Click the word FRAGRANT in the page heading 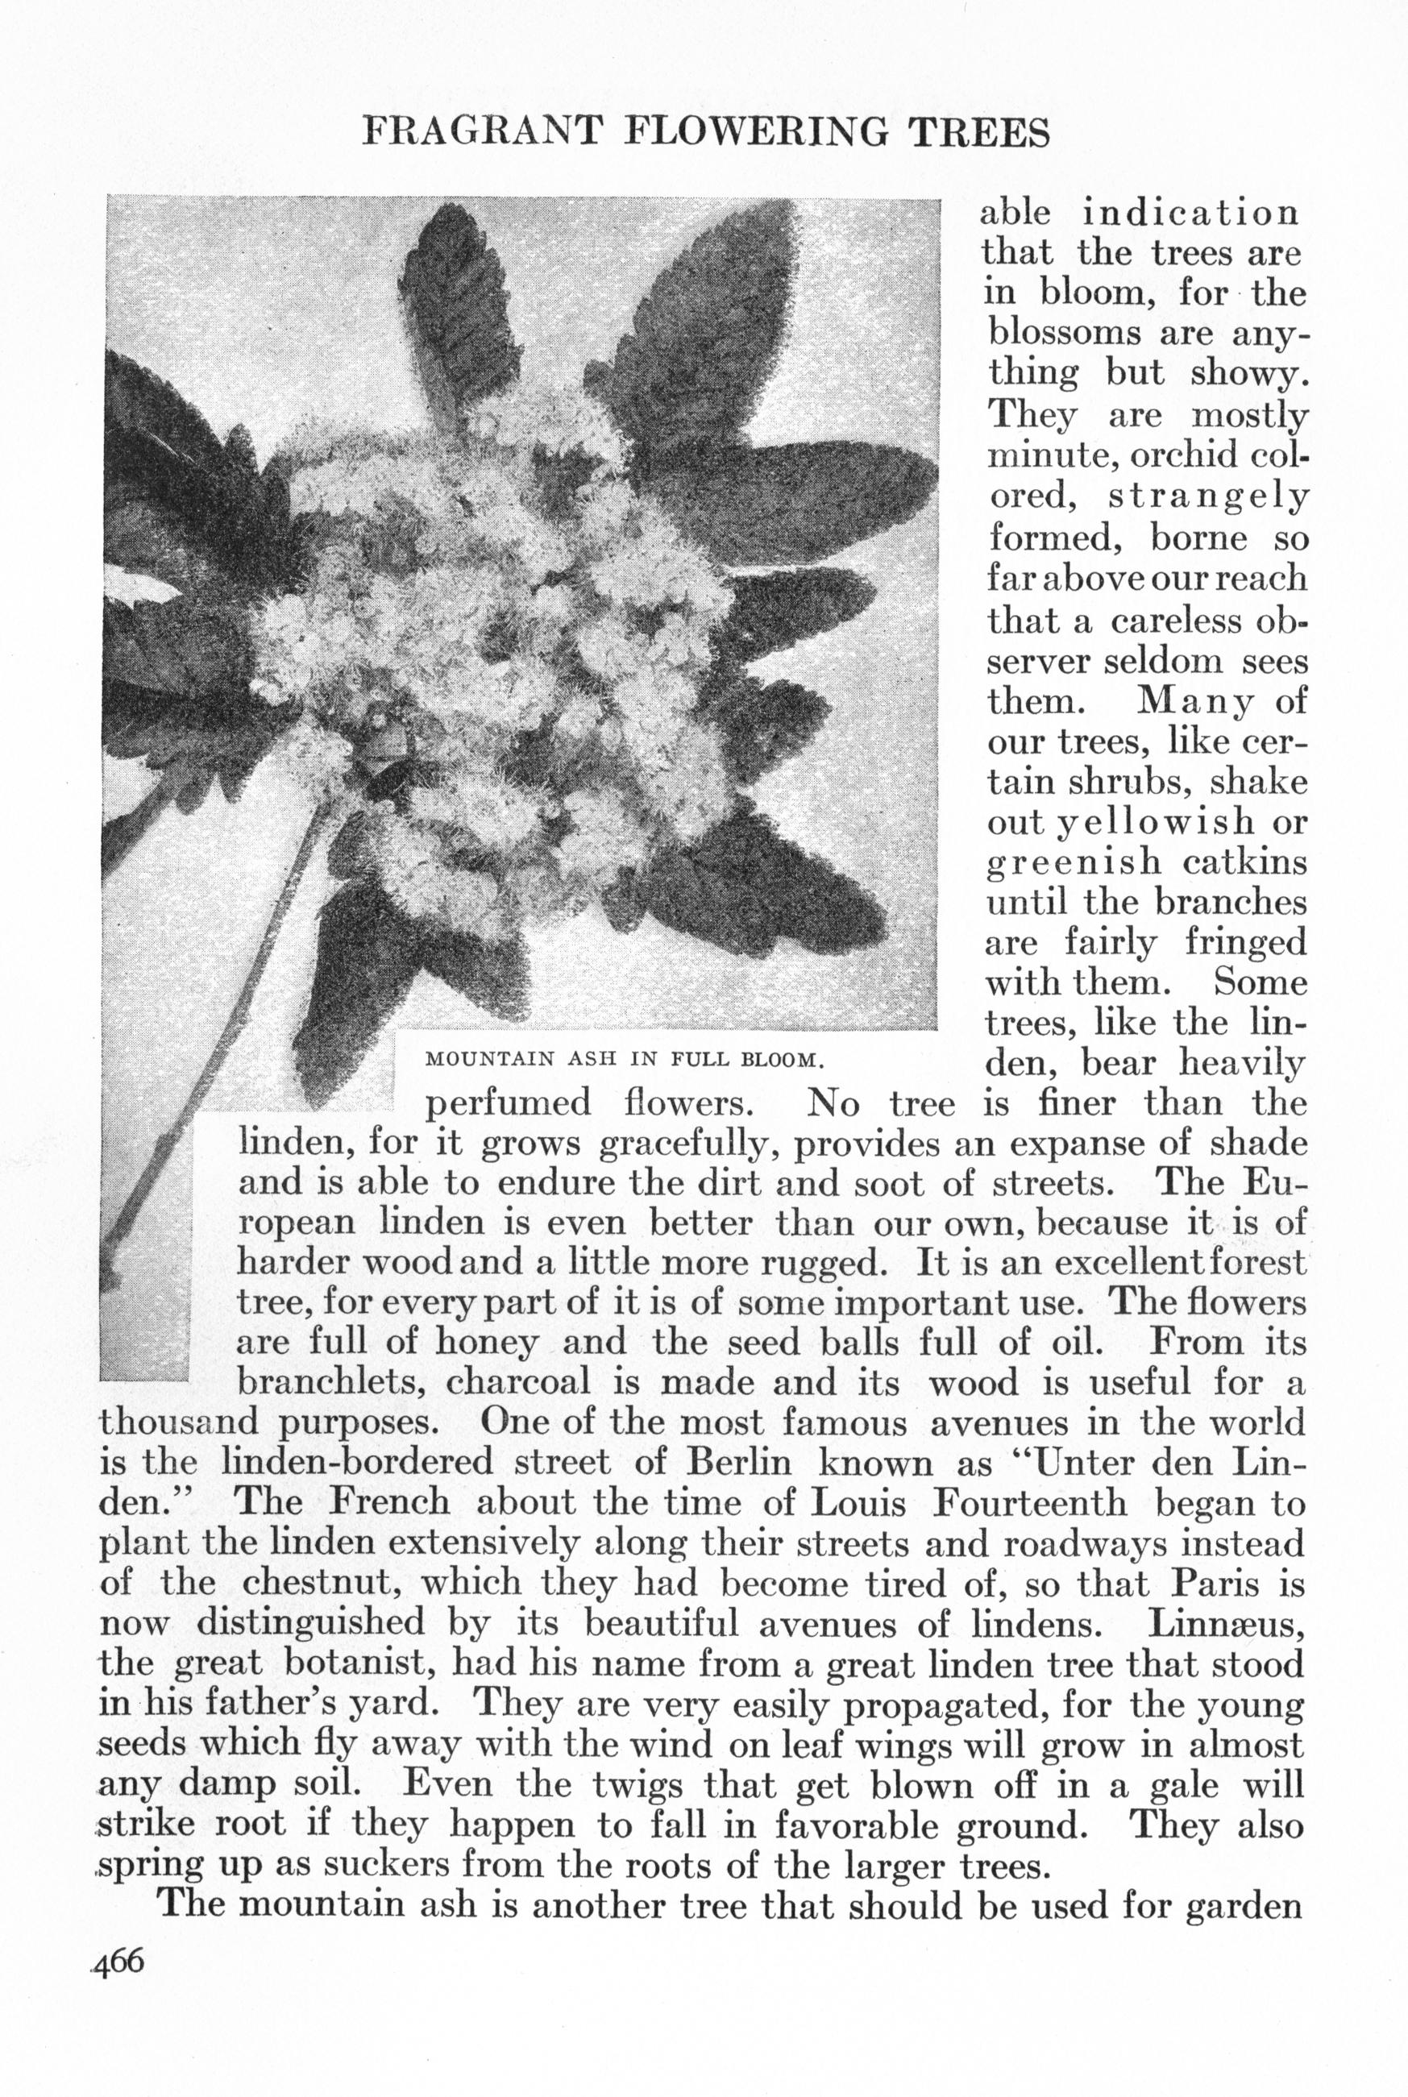tap(480, 133)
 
